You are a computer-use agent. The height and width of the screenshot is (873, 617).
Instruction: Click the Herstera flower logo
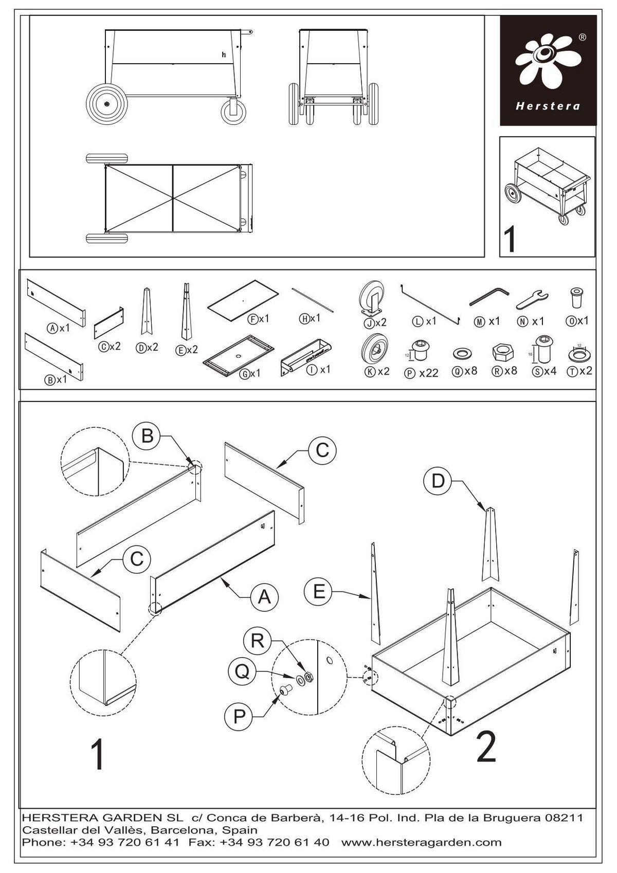[547, 61]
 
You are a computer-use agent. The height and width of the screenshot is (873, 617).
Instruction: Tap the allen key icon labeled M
[489, 297]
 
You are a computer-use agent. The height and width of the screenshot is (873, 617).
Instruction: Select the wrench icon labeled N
[532, 298]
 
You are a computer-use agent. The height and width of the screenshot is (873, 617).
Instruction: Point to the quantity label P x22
[422, 373]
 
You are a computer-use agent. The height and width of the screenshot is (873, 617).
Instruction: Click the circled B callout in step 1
[148, 436]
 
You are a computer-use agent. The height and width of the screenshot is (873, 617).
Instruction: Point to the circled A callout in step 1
[264, 596]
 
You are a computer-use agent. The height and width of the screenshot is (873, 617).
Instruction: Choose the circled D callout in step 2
[438, 481]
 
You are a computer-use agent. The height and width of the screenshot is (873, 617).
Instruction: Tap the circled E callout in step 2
[319, 592]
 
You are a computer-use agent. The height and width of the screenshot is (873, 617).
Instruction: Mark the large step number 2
[486, 747]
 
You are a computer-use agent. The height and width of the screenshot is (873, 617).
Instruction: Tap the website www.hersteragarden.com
[421, 842]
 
